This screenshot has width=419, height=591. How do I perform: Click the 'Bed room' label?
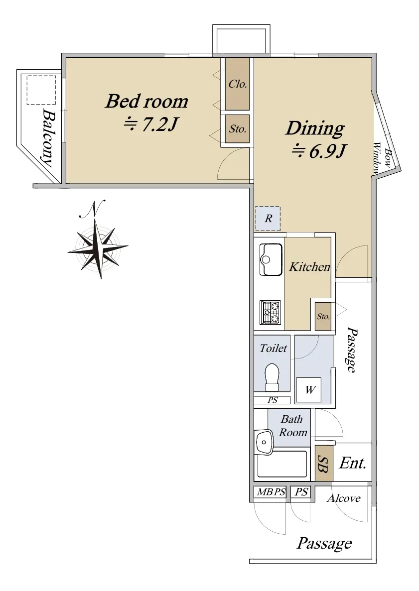point(146,102)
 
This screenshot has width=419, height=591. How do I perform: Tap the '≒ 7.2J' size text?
point(150,124)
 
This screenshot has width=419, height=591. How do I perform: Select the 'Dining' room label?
point(315,128)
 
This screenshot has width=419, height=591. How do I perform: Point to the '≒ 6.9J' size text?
point(319,151)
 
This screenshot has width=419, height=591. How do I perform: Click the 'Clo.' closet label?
point(238,84)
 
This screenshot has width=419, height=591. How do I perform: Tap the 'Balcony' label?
point(47,137)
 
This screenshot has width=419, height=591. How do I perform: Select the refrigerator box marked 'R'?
point(268,219)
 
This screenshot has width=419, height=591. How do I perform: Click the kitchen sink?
point(271,259)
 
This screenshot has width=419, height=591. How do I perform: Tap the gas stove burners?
point(271,313)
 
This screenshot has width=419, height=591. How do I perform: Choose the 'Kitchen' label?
point(309,267)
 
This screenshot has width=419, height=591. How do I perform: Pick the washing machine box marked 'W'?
point(309,389)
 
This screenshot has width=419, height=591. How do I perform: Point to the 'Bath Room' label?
point(292,426)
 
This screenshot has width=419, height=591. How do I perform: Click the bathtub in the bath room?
point(282,464)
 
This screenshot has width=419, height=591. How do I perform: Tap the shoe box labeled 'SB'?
point(324,463)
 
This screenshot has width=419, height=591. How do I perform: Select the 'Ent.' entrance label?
point(353,463)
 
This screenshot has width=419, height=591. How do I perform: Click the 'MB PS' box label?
point(271,492)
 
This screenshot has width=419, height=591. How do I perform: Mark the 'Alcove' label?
point(344,498)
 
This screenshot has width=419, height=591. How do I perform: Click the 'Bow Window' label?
point(382,158)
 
